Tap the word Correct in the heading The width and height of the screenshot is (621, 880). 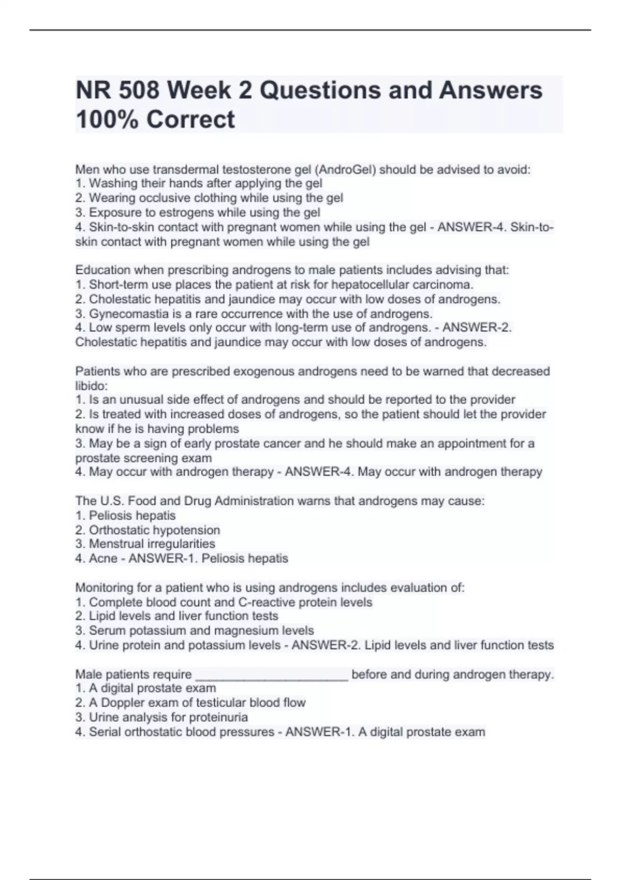pos(190,120)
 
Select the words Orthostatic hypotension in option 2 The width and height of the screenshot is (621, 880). pos(154,530)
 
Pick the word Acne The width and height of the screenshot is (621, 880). pos(103,559)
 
